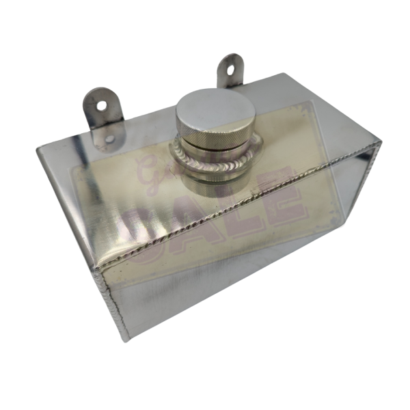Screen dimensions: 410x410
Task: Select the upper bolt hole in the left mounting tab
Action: pos(101,106)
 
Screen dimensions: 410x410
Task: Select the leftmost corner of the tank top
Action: pos(39,149)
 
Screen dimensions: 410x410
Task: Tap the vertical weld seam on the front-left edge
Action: pos(113,301)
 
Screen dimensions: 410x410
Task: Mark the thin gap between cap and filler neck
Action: pos(217,145)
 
